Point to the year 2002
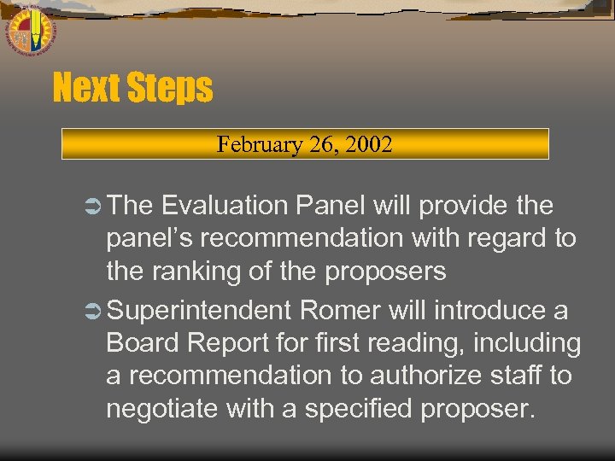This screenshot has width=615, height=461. click(368, 143)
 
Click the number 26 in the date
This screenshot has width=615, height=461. click(323, 143)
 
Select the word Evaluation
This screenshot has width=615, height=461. click(225, 206)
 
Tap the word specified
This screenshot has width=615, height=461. click(355, 410)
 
